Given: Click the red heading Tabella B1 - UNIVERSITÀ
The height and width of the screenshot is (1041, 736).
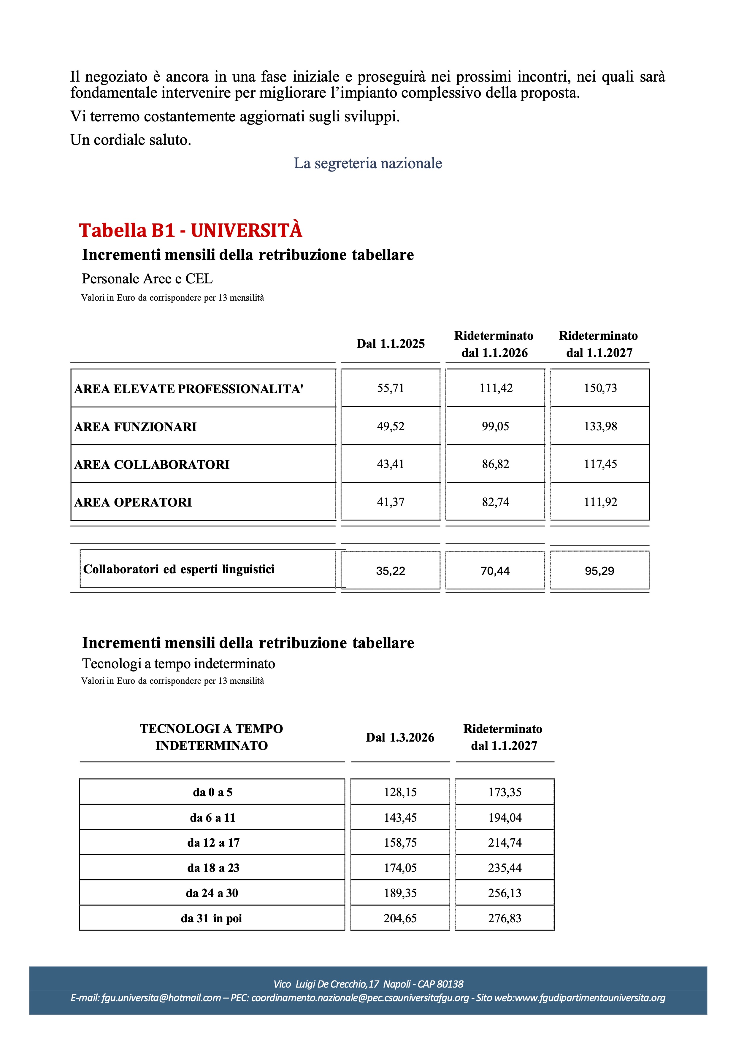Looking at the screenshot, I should click(191, 230).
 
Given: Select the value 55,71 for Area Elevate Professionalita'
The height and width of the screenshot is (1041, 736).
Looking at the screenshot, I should click(391, 388).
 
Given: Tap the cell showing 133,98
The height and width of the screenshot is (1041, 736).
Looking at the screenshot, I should click(600, 426).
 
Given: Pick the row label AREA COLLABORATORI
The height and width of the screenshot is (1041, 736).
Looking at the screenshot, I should click(152, 465).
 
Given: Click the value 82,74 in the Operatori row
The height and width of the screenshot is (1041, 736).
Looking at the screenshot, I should click(496, 502).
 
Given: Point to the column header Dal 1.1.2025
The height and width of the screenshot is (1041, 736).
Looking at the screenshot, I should click(391, 344).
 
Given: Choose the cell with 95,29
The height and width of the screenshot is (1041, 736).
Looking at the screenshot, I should click(599, 571).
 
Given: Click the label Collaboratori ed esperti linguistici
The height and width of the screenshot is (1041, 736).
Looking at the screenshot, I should click(179, 569).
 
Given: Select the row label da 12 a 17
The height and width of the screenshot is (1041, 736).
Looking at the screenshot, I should click(213, 842).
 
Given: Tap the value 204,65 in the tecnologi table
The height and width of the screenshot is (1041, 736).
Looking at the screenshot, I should click(400, 918).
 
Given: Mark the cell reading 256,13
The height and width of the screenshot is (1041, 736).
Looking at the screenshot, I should click(505, 893).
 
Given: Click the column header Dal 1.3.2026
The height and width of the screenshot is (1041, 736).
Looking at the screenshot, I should click(400, 737).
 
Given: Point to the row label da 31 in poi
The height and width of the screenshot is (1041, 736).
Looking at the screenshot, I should click(211, 918).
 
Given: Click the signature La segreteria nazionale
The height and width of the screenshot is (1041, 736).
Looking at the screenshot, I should click(368, 163).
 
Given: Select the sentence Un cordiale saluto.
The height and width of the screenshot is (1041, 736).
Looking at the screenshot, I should click(131, 140).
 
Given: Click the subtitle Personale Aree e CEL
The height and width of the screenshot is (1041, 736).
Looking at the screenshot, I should click(147, 279).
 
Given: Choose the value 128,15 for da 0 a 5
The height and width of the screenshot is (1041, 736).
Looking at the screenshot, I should click(400, 792).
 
